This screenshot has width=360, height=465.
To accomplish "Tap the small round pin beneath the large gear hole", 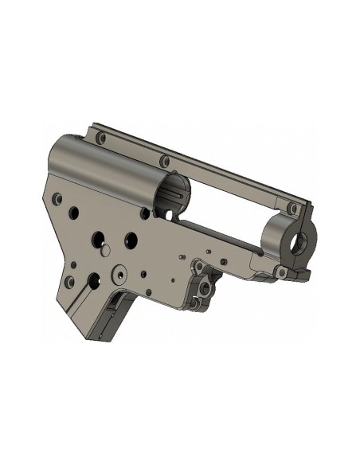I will (103, 251).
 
